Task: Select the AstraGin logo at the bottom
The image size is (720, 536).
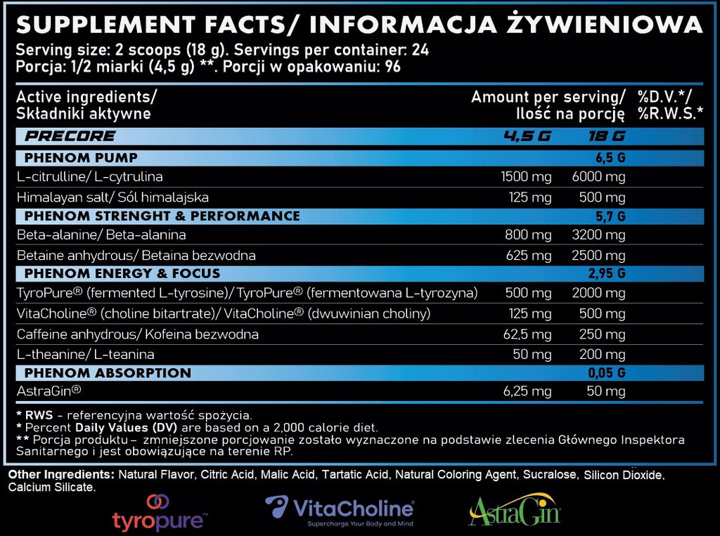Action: pyautogui.click(x=515, y=509)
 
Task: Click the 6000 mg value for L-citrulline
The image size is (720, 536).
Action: pyautogui.click(x=598, y=177)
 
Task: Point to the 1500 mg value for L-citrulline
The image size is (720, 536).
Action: pyautogui.click(x=526, y=177)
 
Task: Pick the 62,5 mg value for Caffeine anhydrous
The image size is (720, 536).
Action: pyautogui.click(x=527, y=334)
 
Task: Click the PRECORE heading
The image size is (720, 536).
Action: pyautogui.click(x=70, y=136)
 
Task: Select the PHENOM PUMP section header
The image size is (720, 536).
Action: pyautogui.click(x=81, y=158)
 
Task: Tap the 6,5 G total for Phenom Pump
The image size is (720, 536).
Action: pyautogui.click(x=610, y=158)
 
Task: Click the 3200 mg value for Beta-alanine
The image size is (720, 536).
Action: pyautogui.click(x=598, y=235)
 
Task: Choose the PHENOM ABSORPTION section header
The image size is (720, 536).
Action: pyautogui.click(x=108, y=372)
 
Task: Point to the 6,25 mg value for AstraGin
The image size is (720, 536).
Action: pyautogui.click(x=527, y=391)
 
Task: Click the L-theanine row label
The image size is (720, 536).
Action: pyautogui.click(x=85, y=354)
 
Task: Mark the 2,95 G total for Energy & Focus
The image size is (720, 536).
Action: pyautogui.click(x=607, y=273)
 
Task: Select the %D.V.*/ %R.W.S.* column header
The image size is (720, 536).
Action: pyautogui.click(x=670, y=105)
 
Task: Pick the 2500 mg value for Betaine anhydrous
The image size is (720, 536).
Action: pyautogui.click(x=598, y=256)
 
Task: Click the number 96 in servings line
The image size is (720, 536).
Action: pyautogui.click(x=392, y=67)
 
